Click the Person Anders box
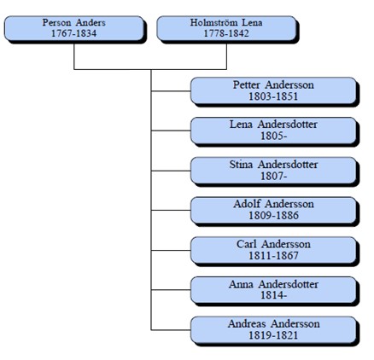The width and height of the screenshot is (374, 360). [x=74, y=28]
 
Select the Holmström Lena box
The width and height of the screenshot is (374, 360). [x=226, y=28]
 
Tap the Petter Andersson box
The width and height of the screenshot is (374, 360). [x=273, y=90]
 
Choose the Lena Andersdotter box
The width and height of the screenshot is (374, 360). [x=273, y=131]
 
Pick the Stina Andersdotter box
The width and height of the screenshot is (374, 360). [x=273, y=170]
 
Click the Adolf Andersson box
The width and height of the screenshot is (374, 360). [x=273, y=210]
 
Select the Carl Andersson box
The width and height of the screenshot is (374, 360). [x=273, y=250]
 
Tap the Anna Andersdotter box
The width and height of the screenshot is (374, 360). [x=273, y=290]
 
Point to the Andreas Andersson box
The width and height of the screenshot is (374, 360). [x=273, y=329]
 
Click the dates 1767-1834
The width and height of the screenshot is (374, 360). [x=73, y=33]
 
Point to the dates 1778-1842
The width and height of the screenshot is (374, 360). [x=226, y=33]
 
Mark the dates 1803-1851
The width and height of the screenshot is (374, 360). [x=273, y=96]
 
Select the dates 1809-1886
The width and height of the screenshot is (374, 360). [x=273, y=216]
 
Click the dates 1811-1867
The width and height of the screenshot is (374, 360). [x=273, y=256]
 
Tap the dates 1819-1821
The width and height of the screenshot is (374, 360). [x=273, y=335]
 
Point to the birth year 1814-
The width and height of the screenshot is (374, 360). [x=273, y=295]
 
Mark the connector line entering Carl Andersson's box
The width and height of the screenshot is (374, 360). [x=171, y=250]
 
